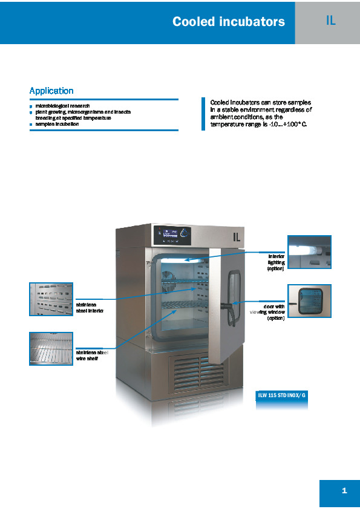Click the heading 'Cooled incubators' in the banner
click(229, 21)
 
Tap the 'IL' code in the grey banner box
click(330, 21)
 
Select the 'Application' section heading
click(51, 91)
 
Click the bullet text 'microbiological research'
click(62, 106)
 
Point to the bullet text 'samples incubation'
click(57, 124)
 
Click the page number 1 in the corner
click(344, 490)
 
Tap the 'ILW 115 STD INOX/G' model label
click(281, 395)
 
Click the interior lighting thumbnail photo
click(309, 252)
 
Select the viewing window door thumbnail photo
click(309, 301)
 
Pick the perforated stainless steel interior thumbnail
click(51, 299)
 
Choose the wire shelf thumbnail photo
click(51, 349)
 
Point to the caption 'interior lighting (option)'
click(276, 262)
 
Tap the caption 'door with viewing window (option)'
click(267, 313)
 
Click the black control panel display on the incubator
click(172, 235)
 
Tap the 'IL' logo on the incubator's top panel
click(237, 238)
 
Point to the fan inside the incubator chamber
click(169, 282)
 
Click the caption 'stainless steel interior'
click(90, 308)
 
